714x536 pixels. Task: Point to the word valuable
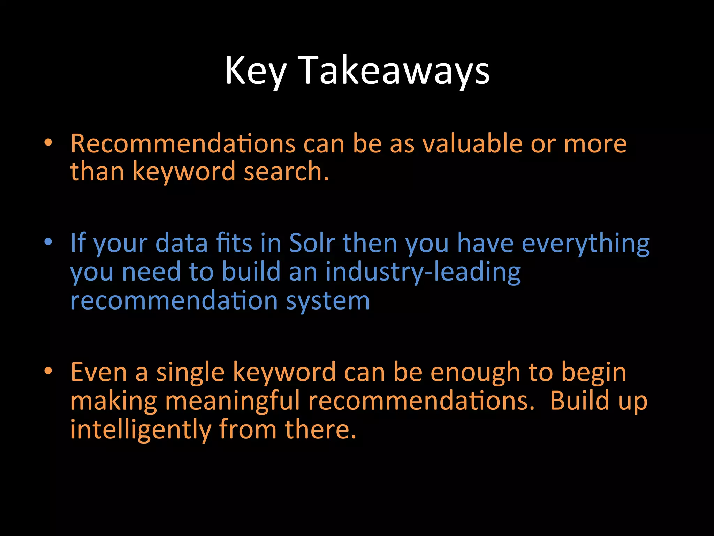(x=473, y=144)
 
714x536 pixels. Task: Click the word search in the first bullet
(x=286, y=172)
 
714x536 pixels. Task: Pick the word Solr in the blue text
(x=312, y=243)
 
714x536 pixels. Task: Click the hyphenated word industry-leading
(x=423, y=272)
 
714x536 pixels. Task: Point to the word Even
(x=99, y=372)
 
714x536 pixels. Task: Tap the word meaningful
(x=232, y=401)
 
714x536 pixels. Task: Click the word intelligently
(x=141, y=430)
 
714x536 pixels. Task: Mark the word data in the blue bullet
(x=182, y=243)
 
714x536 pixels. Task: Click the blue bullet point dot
(x=48, y=241)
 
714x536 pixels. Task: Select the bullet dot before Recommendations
(x=48, y=142)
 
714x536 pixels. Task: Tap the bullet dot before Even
(x=48, y=371)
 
